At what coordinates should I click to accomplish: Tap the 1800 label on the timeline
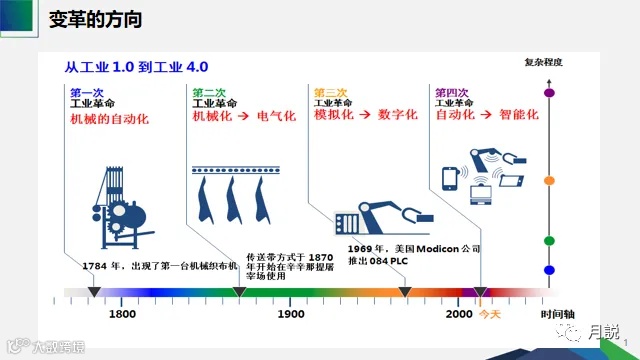pos(122,313)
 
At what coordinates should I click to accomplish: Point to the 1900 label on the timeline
pos(291,313)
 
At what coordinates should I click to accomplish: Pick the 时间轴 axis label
pos(556,313)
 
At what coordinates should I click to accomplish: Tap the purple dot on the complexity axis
pos(548,93)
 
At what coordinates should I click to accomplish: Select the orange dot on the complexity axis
pos(548,181)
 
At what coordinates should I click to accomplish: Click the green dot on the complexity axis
pos(548,241)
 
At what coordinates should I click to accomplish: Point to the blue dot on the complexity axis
pos(548,270)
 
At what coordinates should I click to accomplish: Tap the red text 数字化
pos(396,115)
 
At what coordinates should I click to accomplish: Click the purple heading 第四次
pos(453,91)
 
